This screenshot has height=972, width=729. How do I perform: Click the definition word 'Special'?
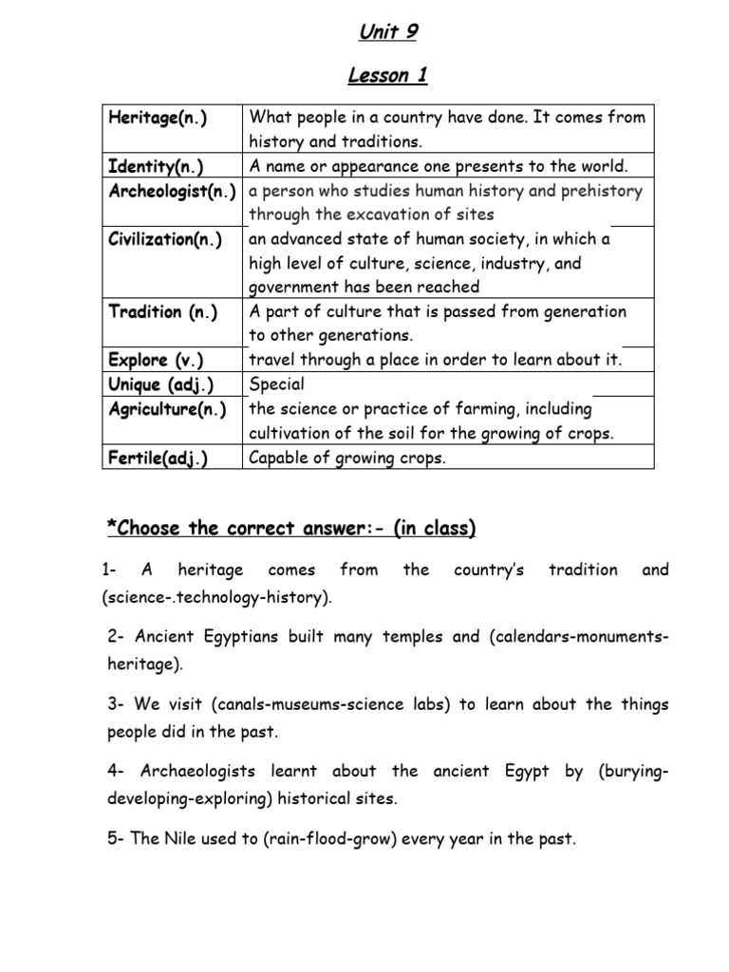[x=276, y=384]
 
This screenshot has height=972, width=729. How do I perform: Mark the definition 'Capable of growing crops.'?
[x=346, y=458]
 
